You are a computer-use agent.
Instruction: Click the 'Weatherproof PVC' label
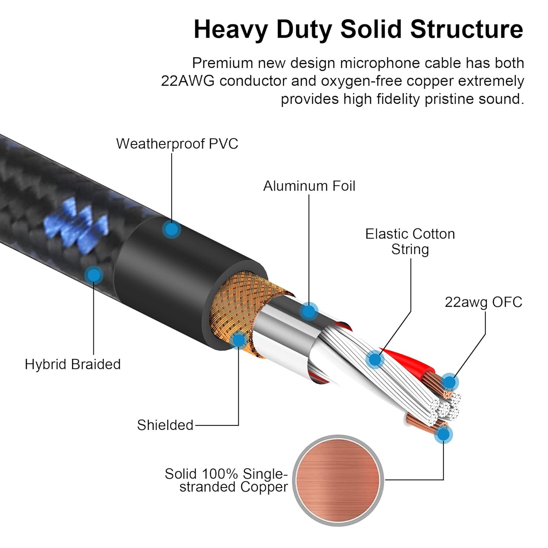coord(177,144)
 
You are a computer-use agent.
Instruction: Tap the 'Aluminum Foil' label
coord(309,186)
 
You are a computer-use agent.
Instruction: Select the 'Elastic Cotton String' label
coord(410,241)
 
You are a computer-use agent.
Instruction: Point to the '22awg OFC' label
coord(483,302)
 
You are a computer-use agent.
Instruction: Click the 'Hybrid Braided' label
coord(73,364)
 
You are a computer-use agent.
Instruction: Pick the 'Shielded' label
coord(165,425)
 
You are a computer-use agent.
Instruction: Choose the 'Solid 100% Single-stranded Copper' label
coord(226,480)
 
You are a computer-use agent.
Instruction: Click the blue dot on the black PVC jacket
coord(171,229)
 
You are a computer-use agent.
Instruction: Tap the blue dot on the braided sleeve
coord(94,275)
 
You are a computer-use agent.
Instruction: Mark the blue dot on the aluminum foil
coord(309,312)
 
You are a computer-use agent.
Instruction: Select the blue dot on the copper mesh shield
coord(239,340)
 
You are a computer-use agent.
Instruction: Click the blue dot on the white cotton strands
coord(374,359)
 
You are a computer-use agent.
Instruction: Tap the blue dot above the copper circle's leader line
coord(444,434)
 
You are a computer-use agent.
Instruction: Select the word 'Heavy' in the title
coord(231,29)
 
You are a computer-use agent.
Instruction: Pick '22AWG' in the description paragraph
coord(187,81)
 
